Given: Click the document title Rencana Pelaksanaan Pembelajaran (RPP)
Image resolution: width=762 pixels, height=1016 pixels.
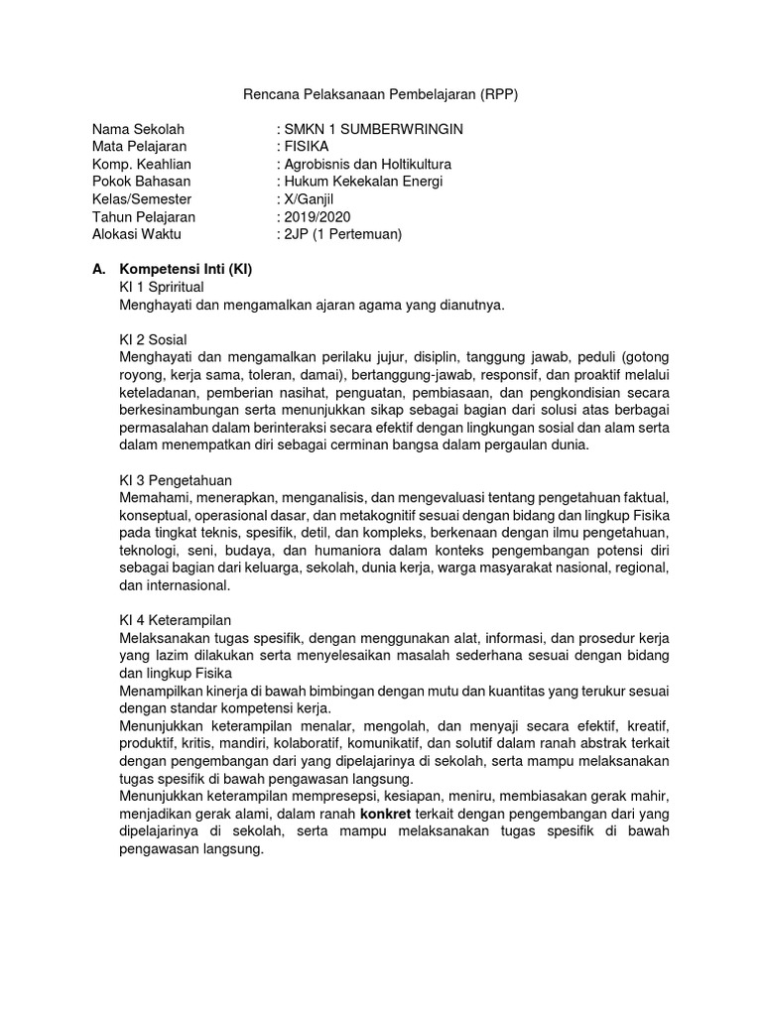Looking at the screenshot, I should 381,94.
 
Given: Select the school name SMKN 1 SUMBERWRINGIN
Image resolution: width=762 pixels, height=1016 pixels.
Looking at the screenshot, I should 373,130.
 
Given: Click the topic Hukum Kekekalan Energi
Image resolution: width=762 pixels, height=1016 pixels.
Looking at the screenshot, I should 363,182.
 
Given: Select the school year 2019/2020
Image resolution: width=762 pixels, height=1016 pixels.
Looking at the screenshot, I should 317,217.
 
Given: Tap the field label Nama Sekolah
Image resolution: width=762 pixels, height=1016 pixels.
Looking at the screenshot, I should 138,130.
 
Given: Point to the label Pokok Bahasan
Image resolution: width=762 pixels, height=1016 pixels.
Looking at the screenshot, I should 141,182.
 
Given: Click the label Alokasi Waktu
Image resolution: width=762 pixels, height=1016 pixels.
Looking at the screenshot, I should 138,234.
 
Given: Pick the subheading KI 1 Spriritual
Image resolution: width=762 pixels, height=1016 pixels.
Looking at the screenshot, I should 161,287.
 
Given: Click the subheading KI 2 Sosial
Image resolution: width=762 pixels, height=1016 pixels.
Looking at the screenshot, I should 153,339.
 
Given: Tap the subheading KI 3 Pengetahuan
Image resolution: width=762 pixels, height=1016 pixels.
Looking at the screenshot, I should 175,480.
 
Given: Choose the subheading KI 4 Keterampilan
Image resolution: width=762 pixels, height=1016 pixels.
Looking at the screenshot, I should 175,620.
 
